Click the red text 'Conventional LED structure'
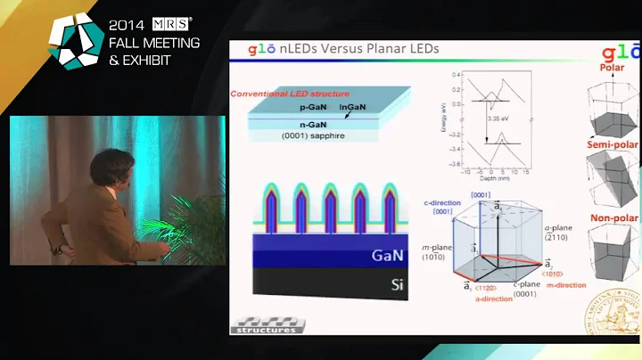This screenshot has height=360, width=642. coord(290,94)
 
